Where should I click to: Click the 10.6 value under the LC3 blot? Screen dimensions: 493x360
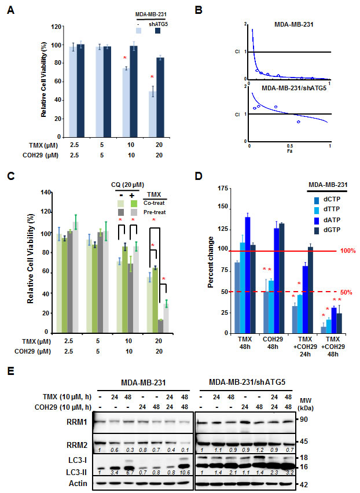185,471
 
